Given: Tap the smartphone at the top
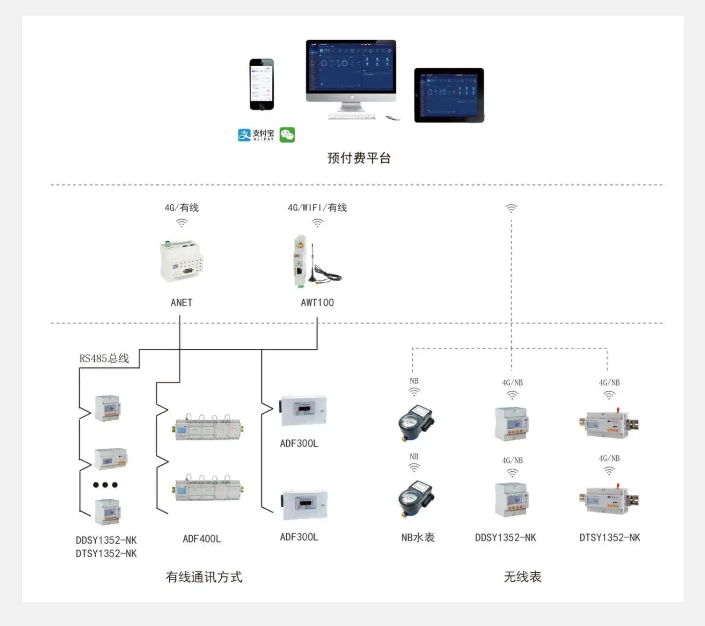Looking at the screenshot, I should coord(262,84).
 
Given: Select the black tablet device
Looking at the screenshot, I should coord(449,95).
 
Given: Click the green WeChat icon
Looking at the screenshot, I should coord(287,135).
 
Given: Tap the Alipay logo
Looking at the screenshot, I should coord(256,135).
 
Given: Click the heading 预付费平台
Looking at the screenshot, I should coord(359,158).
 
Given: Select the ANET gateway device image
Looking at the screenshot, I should coord(182,262).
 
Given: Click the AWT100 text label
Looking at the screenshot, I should coord(317,302).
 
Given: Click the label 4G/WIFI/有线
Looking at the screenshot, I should coord(317,207).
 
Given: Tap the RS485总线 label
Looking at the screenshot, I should coord(104,358).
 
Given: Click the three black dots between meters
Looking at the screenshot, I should coord(105,485).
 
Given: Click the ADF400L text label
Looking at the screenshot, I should coord(202,539).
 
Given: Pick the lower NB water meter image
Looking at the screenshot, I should coord(416,497).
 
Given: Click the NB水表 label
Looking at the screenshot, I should coord(418,537).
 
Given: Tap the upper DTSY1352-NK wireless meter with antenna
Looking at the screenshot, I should coord(609,423).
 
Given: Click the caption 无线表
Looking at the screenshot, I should coord(522,576).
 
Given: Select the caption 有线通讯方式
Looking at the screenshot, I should coord(204,577).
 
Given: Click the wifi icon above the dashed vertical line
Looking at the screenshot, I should coord(511,208).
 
